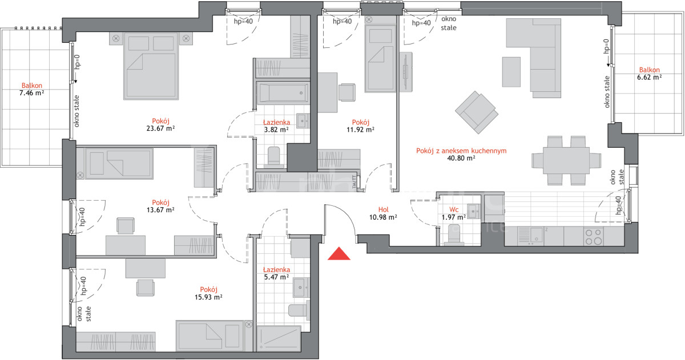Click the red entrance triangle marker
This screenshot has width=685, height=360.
tap(339, 254)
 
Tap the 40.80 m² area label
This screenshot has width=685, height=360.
tap(461, 158)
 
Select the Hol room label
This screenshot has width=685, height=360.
tap(383, 209)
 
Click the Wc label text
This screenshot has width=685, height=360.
tap(454, 209)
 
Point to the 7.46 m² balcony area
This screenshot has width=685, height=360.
tap(31, 93)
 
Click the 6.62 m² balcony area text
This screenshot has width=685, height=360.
tap(649, 78)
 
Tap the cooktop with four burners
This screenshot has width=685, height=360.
tap(593, 237)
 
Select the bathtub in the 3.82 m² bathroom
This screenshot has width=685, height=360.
tap(283, 93)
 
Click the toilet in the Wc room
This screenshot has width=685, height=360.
tap(454, 234)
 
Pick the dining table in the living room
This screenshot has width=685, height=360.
tap(566, 161)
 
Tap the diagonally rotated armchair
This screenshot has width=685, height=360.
tap(477, 112)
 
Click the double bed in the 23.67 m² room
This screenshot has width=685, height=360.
tap(151, 66)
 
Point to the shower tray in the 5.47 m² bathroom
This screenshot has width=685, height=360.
tap(279, 338)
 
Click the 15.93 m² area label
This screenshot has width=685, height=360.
tap(208, 297)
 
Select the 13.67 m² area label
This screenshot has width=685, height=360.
tap(160, 210)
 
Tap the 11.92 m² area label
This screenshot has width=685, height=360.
tap(360, 130)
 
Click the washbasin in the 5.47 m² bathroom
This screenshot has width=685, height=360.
tap(301, 288)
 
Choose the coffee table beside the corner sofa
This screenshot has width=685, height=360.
tap(511, 72)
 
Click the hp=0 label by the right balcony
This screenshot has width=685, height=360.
tap(606, 46)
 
